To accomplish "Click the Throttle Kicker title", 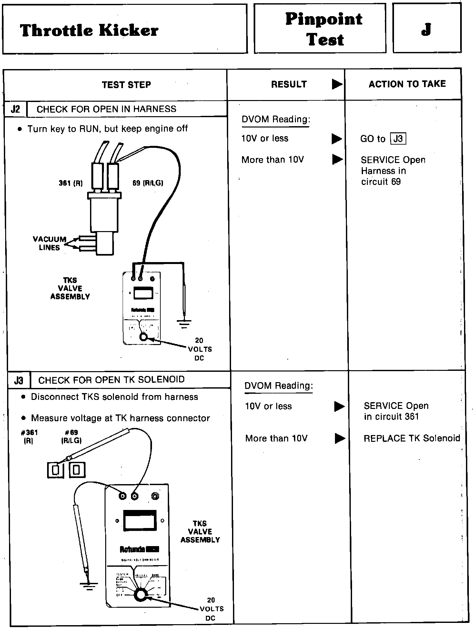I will (89, 30).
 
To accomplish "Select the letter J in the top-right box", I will (426, 29).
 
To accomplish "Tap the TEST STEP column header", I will (126, 85).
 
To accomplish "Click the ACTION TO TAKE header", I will (407, 84).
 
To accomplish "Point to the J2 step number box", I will (15, 109).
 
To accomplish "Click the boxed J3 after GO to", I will (398, 139).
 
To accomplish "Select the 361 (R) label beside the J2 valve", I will (71, 183).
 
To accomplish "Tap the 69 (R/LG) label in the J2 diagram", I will (148, 183).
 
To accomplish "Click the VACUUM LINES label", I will (49, 243).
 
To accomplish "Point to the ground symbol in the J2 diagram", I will (184, 323).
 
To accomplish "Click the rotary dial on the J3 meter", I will (140, 595).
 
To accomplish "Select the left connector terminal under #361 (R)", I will (56, 470).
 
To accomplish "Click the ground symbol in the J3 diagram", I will (88, 585).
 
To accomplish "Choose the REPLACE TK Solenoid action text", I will (412, 438).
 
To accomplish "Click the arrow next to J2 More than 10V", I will (337, 159).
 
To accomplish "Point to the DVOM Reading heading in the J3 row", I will (278, 386).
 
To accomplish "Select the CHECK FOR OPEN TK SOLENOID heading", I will (111, 380).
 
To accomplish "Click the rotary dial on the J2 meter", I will (143, 337).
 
